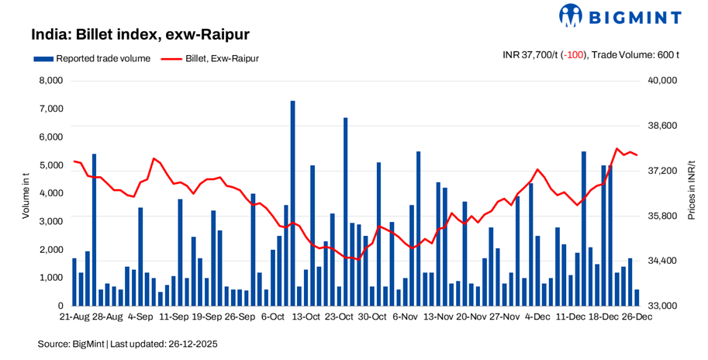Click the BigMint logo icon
click(571, 16)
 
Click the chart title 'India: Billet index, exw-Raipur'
click(140, 35)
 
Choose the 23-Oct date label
click(339, 317)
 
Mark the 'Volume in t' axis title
click(25, 194)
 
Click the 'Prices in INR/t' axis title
click(691, 191)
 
